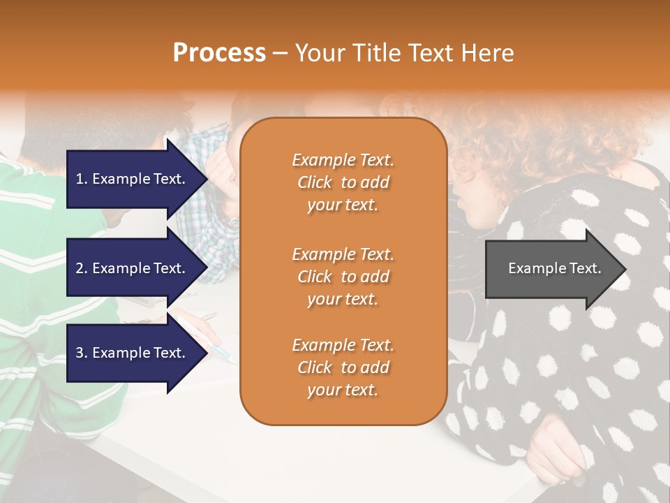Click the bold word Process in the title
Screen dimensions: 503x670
219,53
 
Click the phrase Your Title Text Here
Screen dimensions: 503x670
405,53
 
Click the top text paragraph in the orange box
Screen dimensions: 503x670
343,182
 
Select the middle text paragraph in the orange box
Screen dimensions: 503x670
343,277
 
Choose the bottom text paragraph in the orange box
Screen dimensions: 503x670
343,367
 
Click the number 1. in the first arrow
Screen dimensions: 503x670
82,179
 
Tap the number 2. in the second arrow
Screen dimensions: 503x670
82,268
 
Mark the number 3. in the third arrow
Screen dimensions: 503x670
82,353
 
